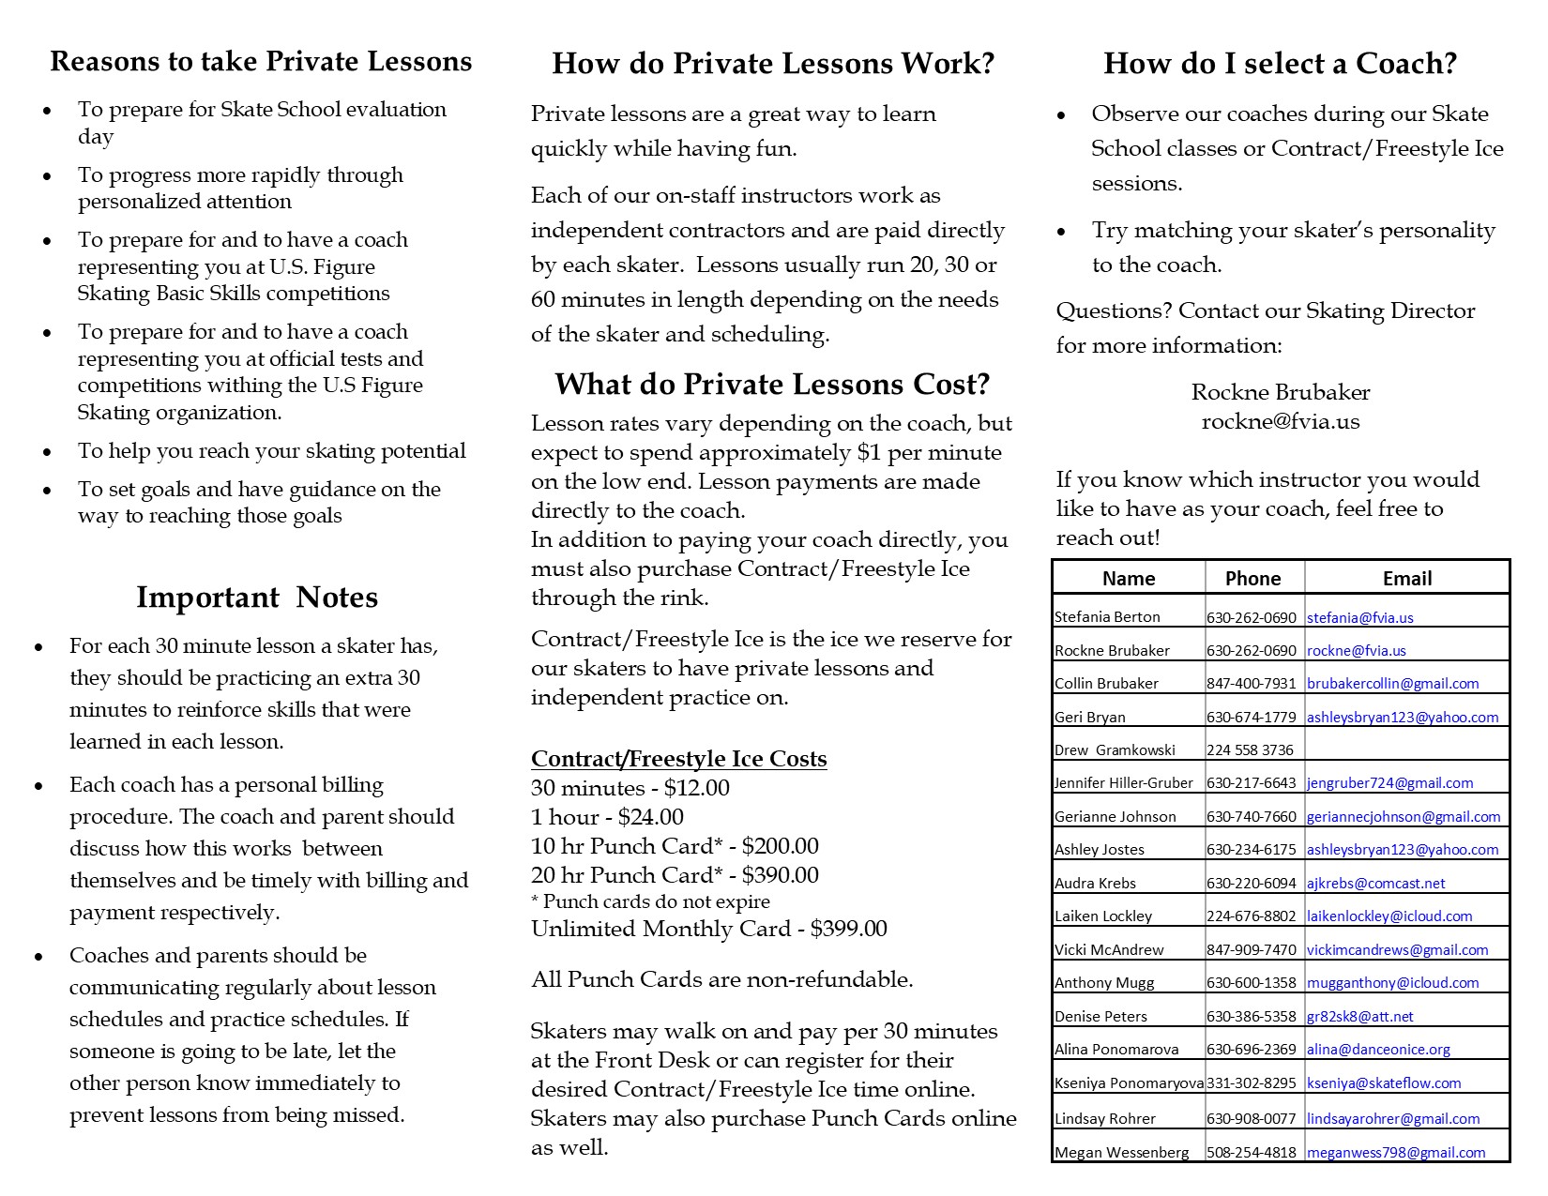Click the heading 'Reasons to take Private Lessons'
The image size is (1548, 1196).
click(261, 62)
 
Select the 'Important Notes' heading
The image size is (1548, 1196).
click(256, 598)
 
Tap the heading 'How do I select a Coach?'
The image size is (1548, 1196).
click(1280, 64)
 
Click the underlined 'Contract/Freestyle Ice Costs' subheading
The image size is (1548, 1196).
click(678, 759)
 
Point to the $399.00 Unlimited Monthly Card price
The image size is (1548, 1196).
click(848, 929)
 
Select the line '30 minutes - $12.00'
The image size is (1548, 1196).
click(630, 788)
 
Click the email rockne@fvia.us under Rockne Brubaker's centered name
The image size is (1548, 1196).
click(1280, 421)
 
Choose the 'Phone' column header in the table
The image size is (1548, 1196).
click(1252, 579)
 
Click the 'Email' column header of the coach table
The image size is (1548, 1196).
click(1406, 579)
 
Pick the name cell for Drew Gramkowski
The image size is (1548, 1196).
click(1108, 749)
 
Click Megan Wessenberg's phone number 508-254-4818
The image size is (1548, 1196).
click(1251, 1152)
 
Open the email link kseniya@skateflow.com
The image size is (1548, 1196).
click(1384, 1082)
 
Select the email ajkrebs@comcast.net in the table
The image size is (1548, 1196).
click(1375, 883)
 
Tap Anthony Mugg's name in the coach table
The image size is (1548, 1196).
click(1091, 982)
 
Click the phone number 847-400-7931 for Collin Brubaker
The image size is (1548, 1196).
click(1251, 683)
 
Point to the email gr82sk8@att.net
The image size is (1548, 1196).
click(1359, 1016)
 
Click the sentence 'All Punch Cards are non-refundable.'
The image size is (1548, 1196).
click(721, 979)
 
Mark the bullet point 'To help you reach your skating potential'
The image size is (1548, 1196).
click(271, 451)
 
